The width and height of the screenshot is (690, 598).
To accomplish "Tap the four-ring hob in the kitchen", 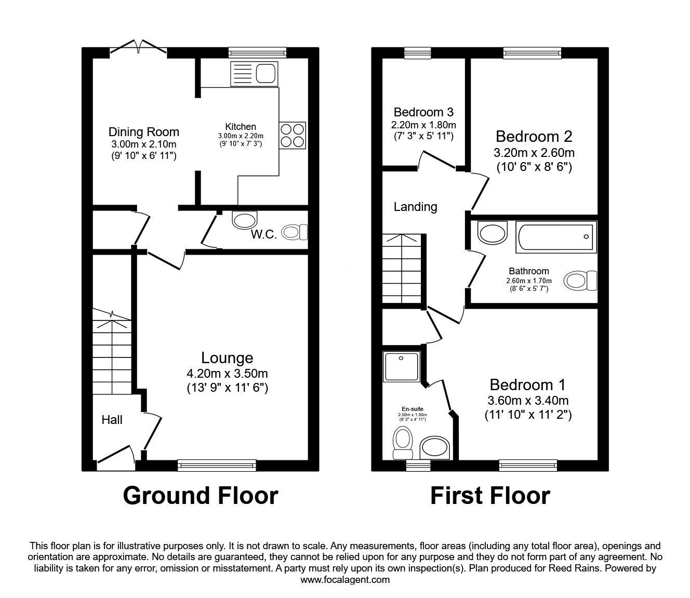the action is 293,135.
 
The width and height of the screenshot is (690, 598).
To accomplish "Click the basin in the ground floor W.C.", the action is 245,220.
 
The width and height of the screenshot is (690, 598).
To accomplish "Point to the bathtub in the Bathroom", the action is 556,237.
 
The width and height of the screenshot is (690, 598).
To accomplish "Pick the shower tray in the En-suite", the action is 402,367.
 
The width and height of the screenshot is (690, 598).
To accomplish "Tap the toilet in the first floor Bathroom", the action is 580,281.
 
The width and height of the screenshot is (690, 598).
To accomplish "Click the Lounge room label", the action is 227,358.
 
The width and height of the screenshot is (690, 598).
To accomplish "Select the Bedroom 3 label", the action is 423,112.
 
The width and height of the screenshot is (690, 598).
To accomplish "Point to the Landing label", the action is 415,207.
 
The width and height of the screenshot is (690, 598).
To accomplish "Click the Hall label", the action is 112,420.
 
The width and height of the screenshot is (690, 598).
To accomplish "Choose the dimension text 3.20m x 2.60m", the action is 534,153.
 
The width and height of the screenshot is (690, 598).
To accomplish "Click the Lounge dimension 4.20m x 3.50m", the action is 228,373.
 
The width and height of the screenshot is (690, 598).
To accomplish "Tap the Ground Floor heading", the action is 201,496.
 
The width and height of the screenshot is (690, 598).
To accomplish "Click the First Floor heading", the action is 490,496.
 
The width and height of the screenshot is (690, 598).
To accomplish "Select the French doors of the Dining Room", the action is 138,48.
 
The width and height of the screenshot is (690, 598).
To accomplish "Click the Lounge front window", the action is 217,465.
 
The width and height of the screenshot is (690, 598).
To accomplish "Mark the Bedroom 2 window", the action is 533,53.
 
